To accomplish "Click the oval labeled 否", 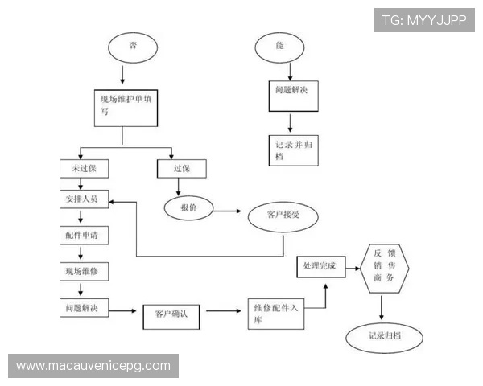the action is [x=133, y=47].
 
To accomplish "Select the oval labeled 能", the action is [x=279, y=47].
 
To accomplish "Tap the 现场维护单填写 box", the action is [x=126, y=108].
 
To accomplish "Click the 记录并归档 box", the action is [x=294, y=150].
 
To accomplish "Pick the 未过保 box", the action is [x=84, y=169].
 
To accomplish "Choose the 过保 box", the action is [x=182, y=169].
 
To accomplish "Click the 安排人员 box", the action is [x=84, y=199].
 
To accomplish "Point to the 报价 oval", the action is [x=188, y=208].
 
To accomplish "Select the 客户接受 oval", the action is [x=283, y=215].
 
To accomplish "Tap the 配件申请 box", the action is [x=84, y=236].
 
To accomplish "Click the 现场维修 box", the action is [x=84, y=272].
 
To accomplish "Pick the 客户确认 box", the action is [x=171, y=317].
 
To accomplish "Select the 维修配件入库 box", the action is [x=276, y=314].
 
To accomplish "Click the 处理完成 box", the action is [x=321, y=266].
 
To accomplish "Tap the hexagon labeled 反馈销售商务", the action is [x=385, y=269].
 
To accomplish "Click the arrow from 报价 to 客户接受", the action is [x=227, y=211].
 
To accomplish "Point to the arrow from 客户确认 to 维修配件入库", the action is [x=224, y=311].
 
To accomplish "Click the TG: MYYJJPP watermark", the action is [x=424, y=20].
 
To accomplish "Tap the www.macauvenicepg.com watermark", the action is [x=93, y=366].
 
